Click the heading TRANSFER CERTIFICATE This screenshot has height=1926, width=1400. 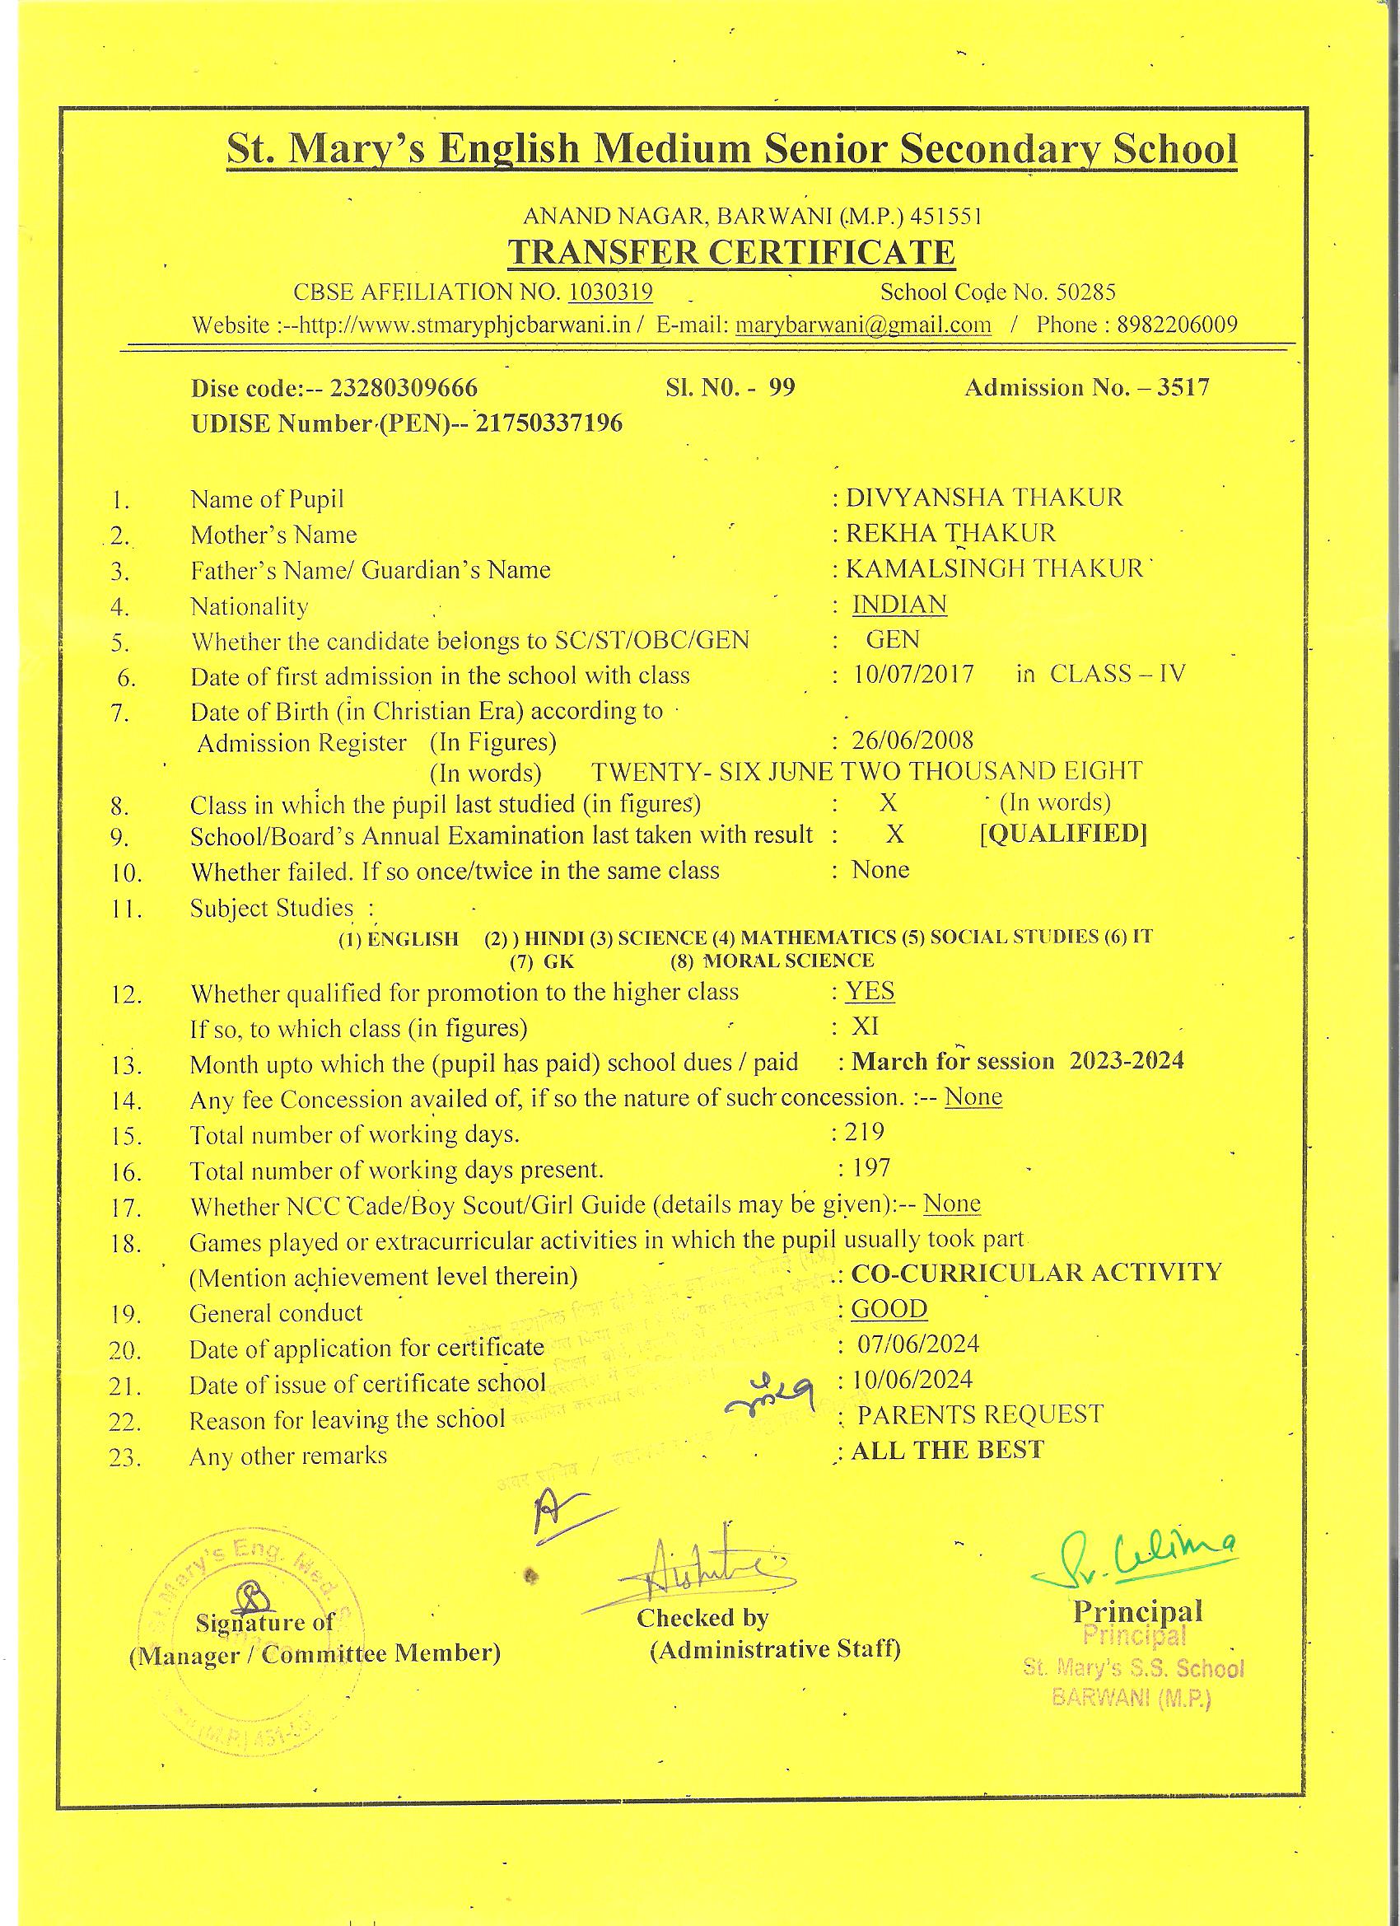[731, 253]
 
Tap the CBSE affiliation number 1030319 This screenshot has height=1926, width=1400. [610, 292]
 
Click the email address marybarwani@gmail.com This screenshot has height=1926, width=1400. [862, 325]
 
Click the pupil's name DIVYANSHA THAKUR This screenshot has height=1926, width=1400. [984, 497]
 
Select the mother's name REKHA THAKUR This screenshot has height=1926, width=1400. [951, 533]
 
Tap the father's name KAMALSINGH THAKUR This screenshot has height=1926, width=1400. [994, 568]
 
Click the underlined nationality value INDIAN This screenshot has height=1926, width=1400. [899, 604]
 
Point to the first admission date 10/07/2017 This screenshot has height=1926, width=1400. [914, 676]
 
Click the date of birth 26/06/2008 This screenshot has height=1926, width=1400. [912, 740]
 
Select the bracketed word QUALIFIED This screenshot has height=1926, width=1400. [1063, 834]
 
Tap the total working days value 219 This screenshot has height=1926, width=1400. [864, 1131]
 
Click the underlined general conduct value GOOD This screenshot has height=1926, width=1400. [889, 1309]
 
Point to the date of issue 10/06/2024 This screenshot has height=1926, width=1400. [912, 1379]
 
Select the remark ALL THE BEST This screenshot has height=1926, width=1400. [948, 1450]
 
